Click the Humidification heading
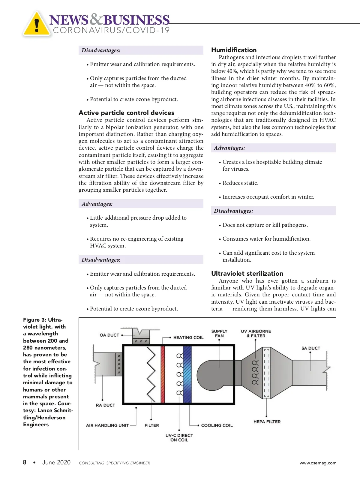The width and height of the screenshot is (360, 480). [234, 50]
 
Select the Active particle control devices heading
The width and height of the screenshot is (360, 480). [126, 113]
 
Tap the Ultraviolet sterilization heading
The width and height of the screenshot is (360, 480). [247, 274]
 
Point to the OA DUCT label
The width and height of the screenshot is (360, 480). [109, 335]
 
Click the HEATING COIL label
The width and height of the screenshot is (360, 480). [188, 337]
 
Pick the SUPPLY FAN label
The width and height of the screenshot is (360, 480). [219, 334]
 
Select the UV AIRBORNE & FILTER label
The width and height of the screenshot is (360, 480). [256, 334]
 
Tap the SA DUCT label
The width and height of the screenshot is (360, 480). [310, 348]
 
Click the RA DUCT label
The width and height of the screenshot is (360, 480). [105, 405]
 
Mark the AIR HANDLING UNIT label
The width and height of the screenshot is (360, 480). [107, 425]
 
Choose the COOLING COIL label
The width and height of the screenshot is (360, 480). [217, 425]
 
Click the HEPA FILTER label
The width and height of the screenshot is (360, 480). [267, 422]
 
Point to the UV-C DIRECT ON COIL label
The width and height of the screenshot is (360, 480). [179, 438]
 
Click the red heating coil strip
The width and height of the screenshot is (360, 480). [163, 374]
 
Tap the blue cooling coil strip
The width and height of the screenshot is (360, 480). [187, 374]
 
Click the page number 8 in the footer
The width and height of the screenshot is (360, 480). [25, 462]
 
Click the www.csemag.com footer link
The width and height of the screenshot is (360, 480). [318, 463]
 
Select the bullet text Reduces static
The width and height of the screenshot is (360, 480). [240, 183]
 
